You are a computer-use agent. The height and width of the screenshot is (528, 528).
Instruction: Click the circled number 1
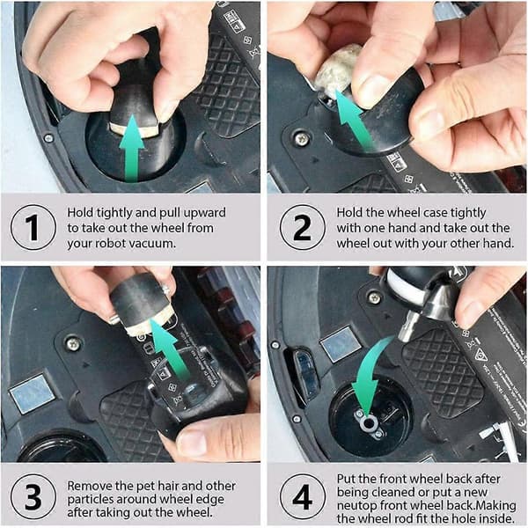[x=33, y=227]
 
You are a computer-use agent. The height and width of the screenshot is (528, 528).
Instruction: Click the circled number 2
[x=303, y=227]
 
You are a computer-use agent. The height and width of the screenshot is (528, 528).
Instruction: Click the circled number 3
[x=33, y=496]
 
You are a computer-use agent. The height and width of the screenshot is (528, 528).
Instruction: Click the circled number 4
[x=303, y=496]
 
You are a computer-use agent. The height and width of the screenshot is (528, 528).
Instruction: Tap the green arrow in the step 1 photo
[x=132, y=148]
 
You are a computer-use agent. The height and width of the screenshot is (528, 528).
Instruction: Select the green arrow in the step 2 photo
[x=354, y=120]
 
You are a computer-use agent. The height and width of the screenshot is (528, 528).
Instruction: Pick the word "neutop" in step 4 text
[x=356, y=506]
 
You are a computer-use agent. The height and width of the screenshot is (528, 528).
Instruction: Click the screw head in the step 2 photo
[x=302, y=138]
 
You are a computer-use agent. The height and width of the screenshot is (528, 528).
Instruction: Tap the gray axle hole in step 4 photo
[x=370, y=422]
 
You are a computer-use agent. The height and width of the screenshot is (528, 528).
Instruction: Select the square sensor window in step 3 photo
[x=32, y=394]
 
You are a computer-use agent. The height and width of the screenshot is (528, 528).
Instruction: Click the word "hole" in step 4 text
[x=468, y=518]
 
